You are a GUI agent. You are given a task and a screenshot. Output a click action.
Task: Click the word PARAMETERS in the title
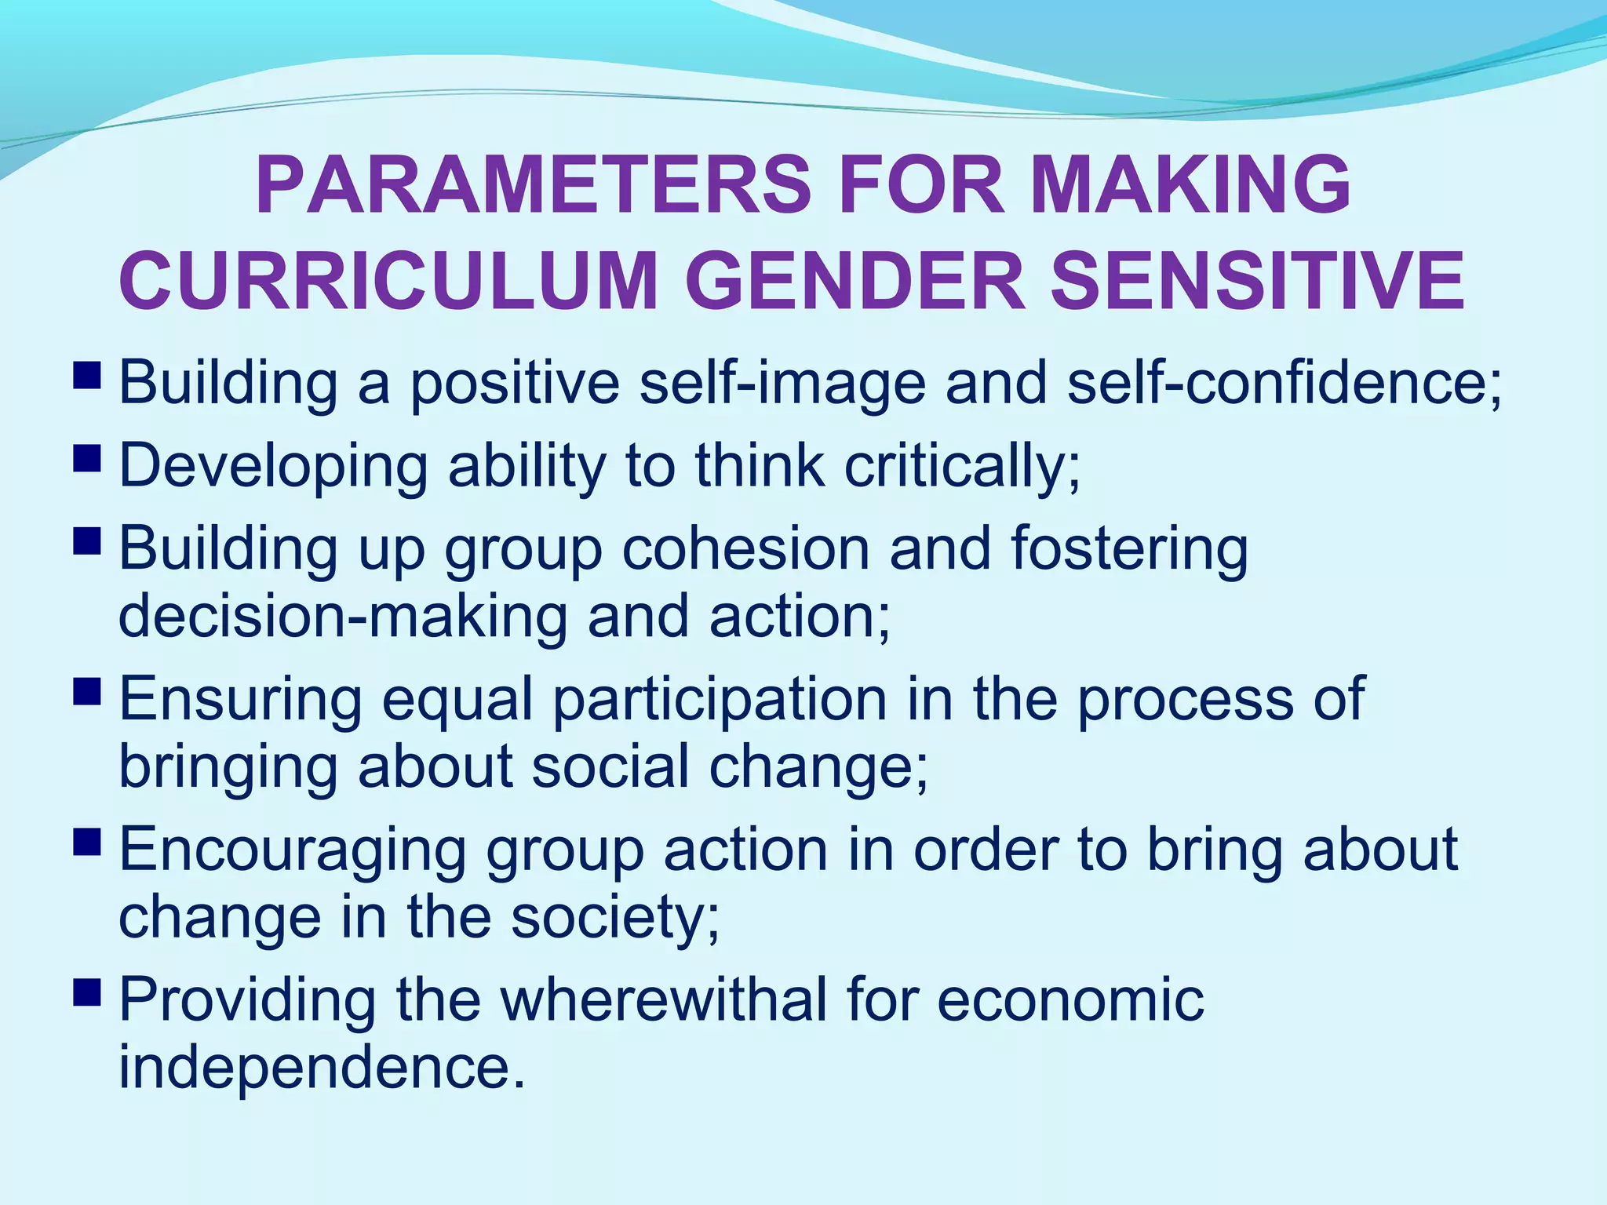pos(533,185)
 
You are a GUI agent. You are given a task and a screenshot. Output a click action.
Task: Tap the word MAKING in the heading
pos(1192,185)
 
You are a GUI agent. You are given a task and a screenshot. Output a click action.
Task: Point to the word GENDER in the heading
pos(855,281)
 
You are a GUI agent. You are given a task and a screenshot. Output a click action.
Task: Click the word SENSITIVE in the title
pos(1257,281)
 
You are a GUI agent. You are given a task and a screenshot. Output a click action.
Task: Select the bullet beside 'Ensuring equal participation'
pos(87,690)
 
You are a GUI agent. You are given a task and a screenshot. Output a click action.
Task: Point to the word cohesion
pos(745,549)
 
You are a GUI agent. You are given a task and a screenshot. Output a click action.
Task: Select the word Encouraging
pos(293,852)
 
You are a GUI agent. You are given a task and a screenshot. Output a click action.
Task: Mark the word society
pos(614,918)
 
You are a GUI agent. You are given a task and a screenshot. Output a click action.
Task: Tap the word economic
pos(1070,1001)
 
